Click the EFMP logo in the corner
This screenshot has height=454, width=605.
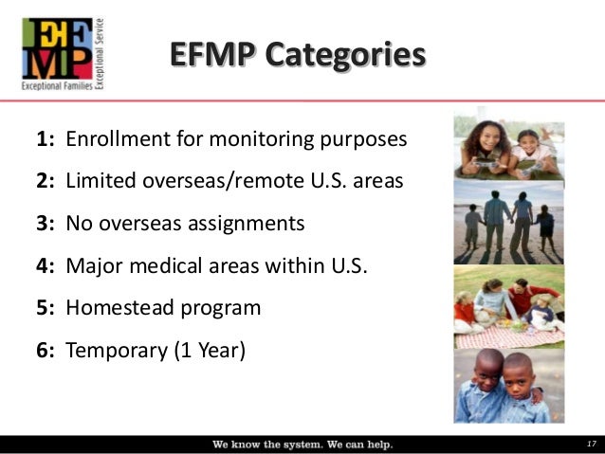tap(58, 51)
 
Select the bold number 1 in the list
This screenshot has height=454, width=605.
tap(43, 140)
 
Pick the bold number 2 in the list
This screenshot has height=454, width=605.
tap(43, 182)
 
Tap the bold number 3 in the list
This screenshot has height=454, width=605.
tap(43, 224)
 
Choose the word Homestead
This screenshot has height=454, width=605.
tap(119, 308)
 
